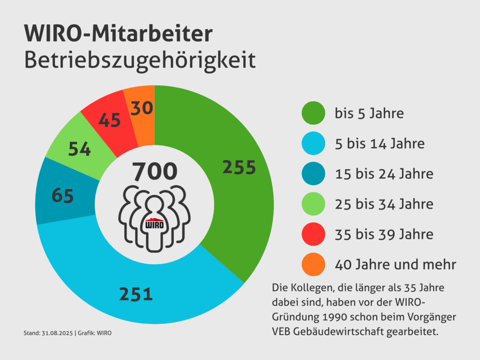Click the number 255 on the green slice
click(239, 167)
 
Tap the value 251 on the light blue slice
click(136, 294)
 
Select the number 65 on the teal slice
click(62, 195)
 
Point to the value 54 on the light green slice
click(80, 149)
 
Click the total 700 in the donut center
click(155, 172)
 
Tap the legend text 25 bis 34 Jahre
click(384, 204)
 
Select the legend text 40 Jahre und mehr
click(395, 264)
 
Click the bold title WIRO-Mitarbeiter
click(118, 35)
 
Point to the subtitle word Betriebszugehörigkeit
click(140, 61)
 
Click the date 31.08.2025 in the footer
click(56, 333)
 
